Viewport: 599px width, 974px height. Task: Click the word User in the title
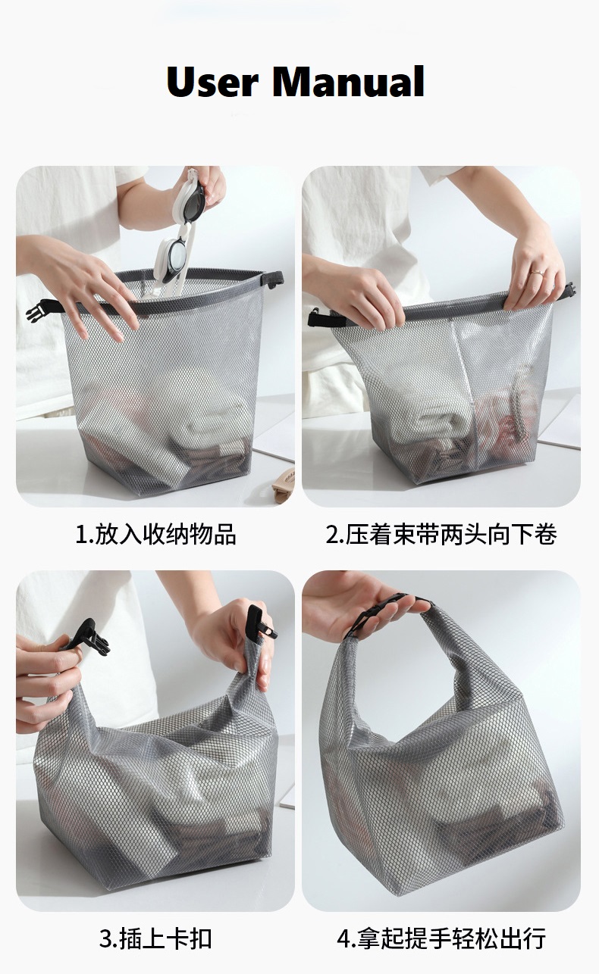(x=212, y=81)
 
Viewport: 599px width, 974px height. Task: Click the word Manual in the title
(x=348, y=81)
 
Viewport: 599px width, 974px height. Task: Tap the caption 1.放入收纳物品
(x=155, y=534)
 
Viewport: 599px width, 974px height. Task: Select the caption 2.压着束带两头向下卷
(x=441, y=534)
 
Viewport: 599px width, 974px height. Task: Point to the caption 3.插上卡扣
(x=155, y=938)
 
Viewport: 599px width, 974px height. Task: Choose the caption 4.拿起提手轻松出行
(x=441, y=938)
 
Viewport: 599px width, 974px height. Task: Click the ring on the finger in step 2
(x=539, y=272)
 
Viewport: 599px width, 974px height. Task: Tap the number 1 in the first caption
(x=82, y=535)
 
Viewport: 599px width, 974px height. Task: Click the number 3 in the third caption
(x=105, y=939)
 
